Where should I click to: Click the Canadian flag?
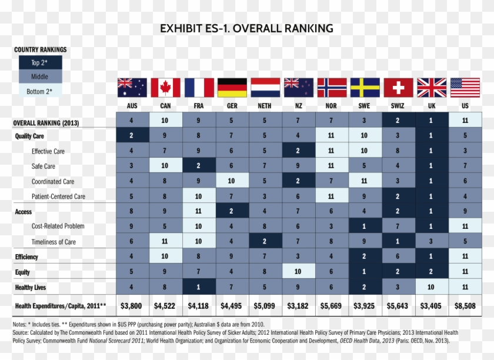pos(165,88)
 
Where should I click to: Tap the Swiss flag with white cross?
pos(398,88)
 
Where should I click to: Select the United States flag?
pos(465,88)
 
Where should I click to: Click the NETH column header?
pos(265,106)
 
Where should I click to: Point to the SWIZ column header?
pos(398,106)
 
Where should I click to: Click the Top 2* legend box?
pos(40,62)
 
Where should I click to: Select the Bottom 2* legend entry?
pos(40,91)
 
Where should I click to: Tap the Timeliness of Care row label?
pos(53,242)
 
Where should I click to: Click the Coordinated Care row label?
pos(53,181)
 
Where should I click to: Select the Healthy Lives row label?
pos(31,288)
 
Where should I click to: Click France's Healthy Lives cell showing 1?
pos(199,288)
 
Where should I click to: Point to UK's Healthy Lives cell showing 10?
pos(431,288)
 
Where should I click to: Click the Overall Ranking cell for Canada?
pos(165,121)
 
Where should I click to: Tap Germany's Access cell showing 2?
pos(232,211)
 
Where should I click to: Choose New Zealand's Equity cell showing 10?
pos(298,272)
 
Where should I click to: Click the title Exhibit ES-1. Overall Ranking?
pos(246,28)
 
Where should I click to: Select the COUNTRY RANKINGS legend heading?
pos(40,49)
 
